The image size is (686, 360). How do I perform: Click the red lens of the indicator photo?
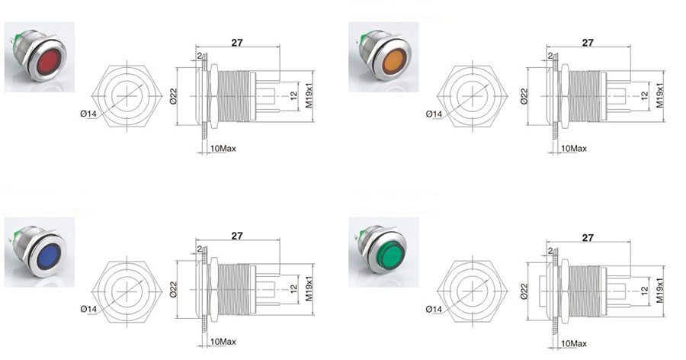[x=48, y=63]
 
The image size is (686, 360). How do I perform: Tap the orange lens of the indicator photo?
[x=394, y=63]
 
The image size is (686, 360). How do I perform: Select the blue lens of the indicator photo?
[x=48, y=256]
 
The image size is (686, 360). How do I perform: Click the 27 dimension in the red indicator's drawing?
[x=237, y=43]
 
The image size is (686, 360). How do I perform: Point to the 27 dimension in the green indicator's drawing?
[x=588, y=237]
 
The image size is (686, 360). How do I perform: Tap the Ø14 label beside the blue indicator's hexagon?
[x=88, y=309]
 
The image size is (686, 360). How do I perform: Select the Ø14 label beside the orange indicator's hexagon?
[x=434, y=114]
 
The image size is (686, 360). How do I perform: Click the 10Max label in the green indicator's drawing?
[x=573, y=344]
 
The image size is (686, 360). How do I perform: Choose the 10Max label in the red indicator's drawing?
[x=223, y=149]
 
